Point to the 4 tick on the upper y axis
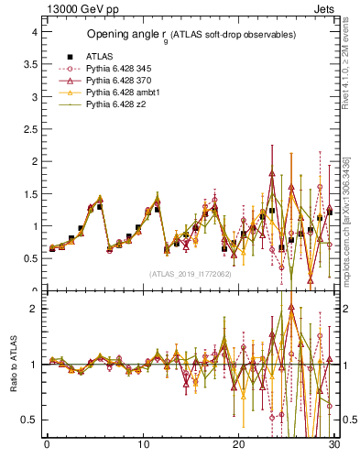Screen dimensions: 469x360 34,32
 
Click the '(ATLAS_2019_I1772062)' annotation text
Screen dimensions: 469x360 191,274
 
